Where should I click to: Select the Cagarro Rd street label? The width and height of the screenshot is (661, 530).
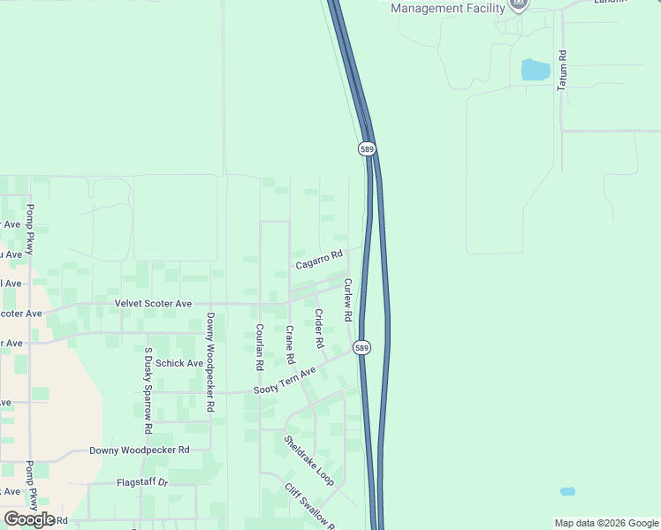coord(318,259)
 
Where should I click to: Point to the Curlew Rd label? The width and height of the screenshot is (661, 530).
coord(348,299)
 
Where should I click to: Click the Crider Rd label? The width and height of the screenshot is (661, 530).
coord(319,328)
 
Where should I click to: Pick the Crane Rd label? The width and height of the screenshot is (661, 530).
coord(289,345)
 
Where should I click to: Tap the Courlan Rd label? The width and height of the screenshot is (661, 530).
coord(260,346)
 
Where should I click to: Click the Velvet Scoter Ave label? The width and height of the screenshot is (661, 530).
coord(153,303)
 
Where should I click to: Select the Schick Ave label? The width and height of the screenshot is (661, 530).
coord(179,363)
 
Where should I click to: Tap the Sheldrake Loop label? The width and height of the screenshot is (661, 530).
coord(308,459)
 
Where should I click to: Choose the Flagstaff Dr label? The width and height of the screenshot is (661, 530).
coord(142,483)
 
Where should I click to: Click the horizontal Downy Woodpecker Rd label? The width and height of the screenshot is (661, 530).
coord(140,450)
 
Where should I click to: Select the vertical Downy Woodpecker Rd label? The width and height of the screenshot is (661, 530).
coord(210,363)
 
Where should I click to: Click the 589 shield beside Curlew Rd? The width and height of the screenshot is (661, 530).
coord(362,348)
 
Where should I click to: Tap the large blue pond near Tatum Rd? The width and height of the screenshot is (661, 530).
coord(535,69)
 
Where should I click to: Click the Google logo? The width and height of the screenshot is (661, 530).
coord(29,519)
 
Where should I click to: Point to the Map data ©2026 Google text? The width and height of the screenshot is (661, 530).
coord(605,523)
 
